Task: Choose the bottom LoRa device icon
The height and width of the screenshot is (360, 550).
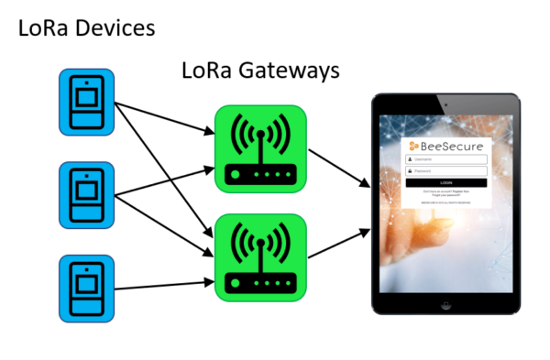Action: pyautogui.click(x=86, y=288)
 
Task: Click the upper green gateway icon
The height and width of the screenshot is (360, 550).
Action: pyautogui.click(x=260, y=148)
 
